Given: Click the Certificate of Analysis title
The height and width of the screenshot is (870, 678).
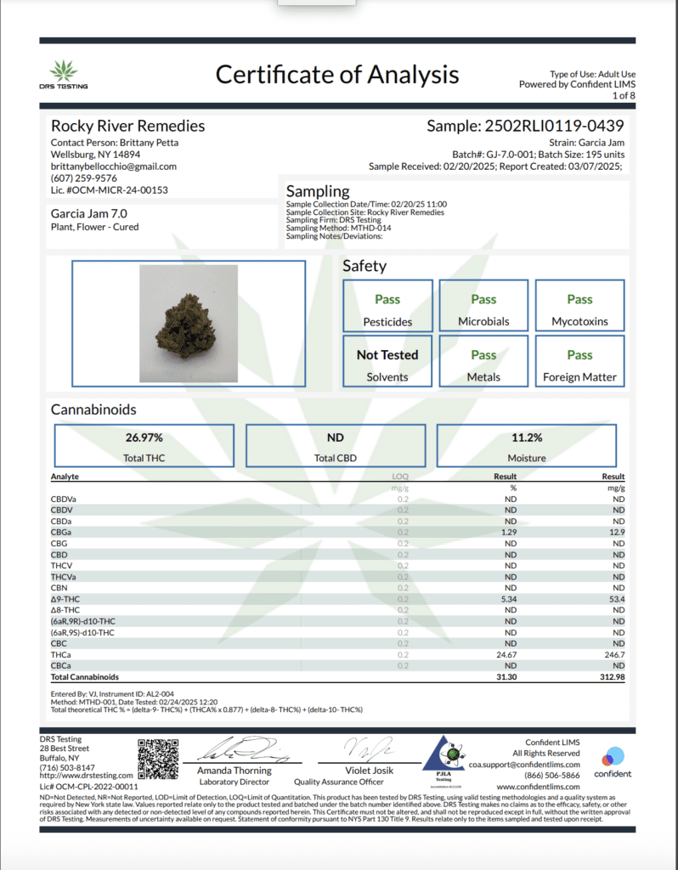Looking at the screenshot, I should coord(337,75).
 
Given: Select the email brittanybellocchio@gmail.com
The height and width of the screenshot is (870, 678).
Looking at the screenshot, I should coord(114,167).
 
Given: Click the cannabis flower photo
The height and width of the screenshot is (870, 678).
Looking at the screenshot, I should coord(189,322).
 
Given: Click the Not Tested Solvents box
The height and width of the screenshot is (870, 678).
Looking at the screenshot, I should coord(387,361).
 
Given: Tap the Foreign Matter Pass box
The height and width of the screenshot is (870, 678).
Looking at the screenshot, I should coord(579,361).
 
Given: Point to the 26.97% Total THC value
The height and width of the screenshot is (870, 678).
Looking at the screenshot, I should coord(144,437).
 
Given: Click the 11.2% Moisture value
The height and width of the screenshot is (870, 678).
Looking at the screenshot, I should coord(527,437).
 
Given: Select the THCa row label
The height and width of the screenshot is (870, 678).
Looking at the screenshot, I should coord(61,655).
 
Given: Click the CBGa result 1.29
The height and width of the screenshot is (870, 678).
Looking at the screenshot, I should coord(510,532).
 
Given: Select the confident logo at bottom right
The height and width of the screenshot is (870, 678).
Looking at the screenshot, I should coord(613,762).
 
